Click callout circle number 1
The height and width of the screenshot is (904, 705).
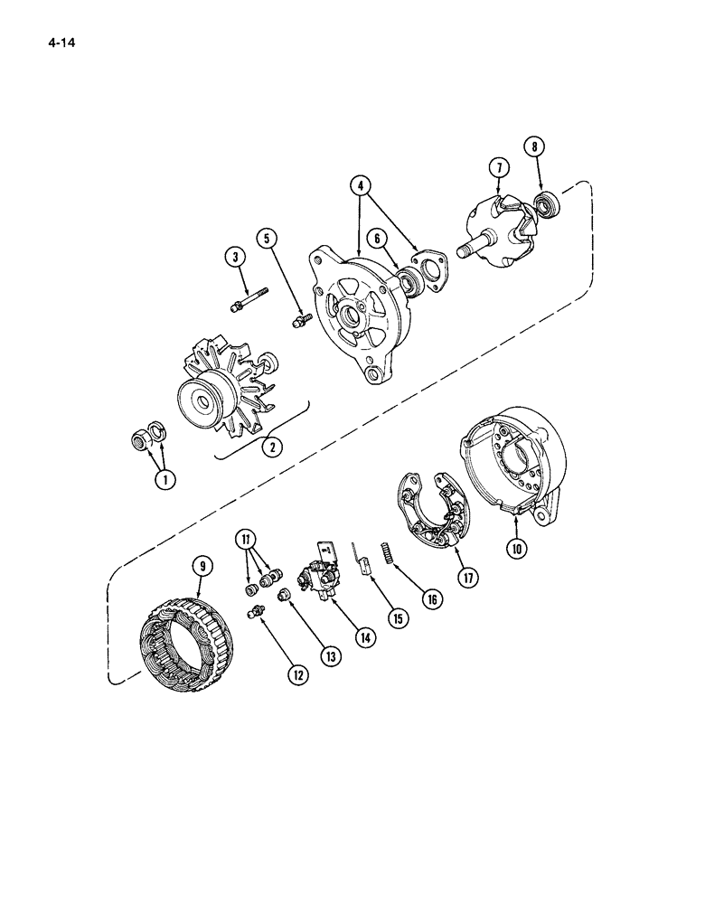[163, 480]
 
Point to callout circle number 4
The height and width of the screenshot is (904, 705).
[361, 187]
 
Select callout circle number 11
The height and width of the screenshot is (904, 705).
[246, 541]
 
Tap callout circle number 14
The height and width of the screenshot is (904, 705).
[365, 637]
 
